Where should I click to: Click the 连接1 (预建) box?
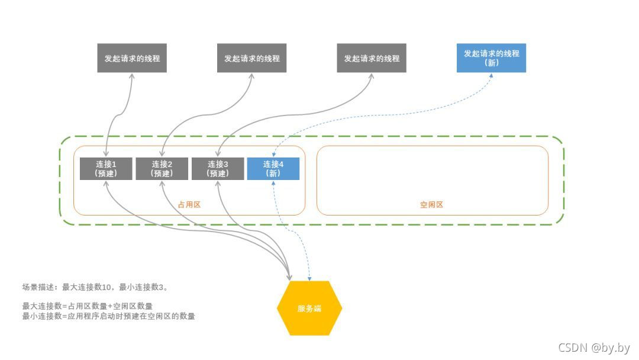click(x=105, y=169)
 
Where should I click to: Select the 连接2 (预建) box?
click(x=162, y=169)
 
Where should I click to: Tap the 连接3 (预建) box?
click(x=218, y=169)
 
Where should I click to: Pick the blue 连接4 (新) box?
click(x=273, y=169)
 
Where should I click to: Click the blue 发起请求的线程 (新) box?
click(x=491, y=57)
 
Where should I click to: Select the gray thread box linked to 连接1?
click(x=132, y=59)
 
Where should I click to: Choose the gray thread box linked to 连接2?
click(x=251, y=59)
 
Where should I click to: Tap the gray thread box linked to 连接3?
click(x=372, y=59)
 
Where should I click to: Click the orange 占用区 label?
click(x=189, y=205)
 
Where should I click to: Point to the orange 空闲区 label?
click(x=432, y=205)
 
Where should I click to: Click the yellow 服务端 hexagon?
click(x=309, y=308)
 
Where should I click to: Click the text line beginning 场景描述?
click(x=95, y=287)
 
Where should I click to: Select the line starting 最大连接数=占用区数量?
click(x=88, y=307)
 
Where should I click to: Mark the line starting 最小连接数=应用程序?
click(x=109, y=316)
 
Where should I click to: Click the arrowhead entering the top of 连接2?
click(x=162, y=155)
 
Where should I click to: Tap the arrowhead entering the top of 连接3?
click(x=218, y=155)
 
